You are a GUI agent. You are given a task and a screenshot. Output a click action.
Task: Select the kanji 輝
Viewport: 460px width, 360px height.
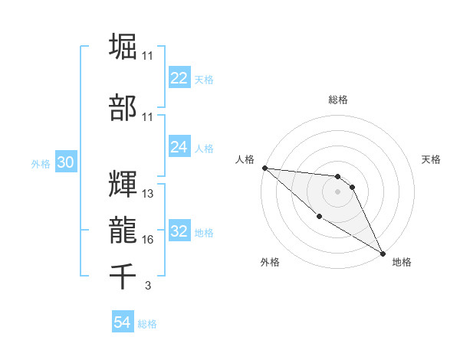click(123, 185)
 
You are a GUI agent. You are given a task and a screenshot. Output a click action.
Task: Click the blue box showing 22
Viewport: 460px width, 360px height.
click(179, 78)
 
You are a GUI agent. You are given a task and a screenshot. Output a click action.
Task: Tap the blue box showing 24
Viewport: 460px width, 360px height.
click(179, 147)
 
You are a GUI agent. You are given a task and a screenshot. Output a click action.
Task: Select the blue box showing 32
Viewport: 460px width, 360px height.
click(179, 231)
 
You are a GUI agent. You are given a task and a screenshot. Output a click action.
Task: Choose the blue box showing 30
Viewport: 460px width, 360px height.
click(65, 163)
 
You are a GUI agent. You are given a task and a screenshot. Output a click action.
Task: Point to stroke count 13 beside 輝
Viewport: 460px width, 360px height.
click(148, 194)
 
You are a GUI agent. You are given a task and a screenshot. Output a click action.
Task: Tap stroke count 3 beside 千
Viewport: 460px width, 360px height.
click(147, 286)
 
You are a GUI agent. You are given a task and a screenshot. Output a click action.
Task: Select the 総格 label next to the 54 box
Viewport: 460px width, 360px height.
click(147, 324)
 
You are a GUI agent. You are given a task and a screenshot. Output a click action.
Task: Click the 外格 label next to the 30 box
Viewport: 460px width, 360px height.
click(41, 164)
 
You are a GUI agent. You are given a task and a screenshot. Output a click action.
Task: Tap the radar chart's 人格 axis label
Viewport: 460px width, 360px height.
click(245, 159)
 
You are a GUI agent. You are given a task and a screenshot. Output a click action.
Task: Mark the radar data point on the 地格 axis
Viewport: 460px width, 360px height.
click(382, 253)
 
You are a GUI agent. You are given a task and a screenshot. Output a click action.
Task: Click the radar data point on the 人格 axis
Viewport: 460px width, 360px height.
click(264, 168)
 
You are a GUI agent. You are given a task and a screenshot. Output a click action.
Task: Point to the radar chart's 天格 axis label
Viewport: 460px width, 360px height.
click(432, 159)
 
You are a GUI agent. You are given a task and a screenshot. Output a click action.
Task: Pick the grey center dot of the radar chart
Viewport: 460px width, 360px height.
click(337, 191)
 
